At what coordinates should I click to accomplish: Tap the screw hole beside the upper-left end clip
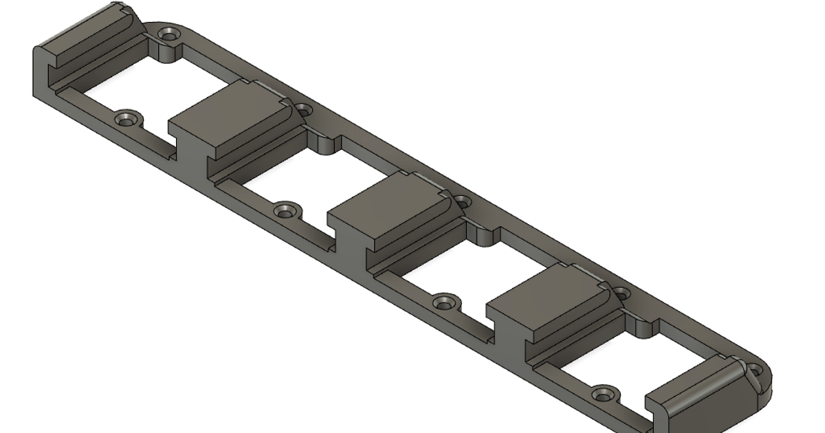point(166,33)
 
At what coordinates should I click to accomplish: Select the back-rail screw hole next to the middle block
point(463,202)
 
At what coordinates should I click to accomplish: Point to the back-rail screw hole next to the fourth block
point(621,293)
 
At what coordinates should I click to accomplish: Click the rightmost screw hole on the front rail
point(603,395)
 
